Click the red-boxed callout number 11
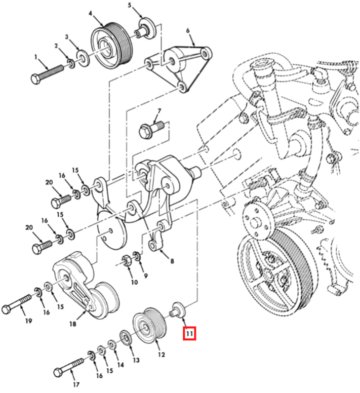coord(189,334)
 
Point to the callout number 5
coord(130,5)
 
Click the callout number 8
coord(172,261)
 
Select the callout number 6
coord(188,30)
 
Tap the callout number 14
coord(120,364)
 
